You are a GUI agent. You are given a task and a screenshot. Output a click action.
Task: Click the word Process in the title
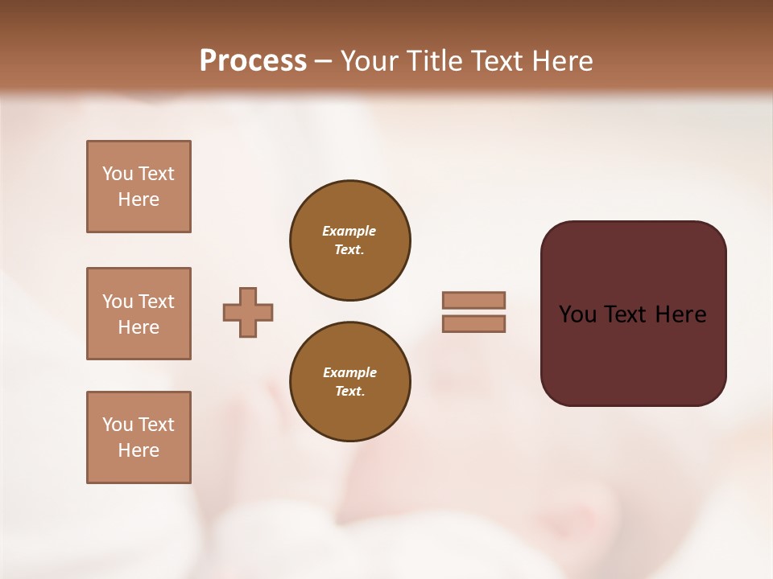pos(253,61)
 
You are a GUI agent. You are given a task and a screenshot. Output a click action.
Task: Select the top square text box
pos(138,187)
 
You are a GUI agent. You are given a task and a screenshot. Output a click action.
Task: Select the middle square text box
pos(138,314)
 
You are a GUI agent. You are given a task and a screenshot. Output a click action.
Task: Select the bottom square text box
pos(138,437)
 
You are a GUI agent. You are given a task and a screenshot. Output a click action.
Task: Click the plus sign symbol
pos(248,312)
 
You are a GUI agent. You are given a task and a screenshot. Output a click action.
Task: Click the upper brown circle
pos(350,240)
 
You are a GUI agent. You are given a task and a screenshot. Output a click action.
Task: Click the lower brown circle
pos(350,382)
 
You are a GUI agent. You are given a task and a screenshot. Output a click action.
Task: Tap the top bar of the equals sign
pos(473,300)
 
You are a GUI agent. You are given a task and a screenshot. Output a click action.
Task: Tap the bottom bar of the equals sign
pos(473,323)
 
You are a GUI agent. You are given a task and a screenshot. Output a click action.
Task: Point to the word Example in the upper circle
pos(349,231)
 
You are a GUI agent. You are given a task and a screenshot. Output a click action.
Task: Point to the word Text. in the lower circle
pos(349,392)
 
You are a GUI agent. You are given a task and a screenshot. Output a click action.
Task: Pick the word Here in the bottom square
pos(138,450)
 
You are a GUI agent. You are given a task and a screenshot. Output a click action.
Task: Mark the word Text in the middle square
pos(155,302)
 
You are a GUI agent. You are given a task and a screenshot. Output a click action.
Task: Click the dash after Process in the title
pos(323,61)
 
